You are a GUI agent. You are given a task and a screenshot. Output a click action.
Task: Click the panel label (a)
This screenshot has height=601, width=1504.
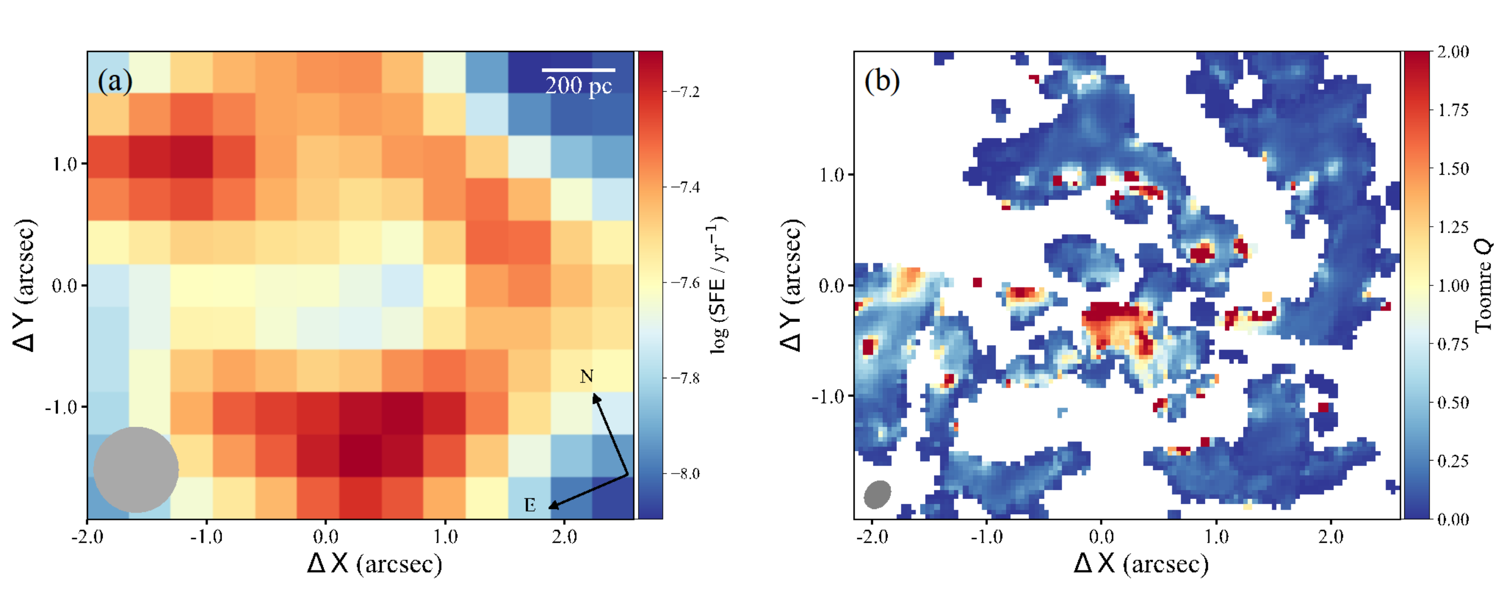click(x=115, y=81)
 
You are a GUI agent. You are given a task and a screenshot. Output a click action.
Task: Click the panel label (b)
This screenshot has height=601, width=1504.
click(x=882, y=81)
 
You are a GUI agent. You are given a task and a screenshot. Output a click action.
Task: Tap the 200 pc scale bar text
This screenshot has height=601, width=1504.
click(x=578, y=86)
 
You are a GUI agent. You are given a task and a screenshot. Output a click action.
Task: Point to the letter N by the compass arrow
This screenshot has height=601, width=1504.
click(x=586, y=377)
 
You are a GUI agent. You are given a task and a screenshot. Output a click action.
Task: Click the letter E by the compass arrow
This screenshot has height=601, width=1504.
click(x=530, y=505)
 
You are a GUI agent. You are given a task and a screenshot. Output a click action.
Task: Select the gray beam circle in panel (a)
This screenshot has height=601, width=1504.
click(x=136, y=470)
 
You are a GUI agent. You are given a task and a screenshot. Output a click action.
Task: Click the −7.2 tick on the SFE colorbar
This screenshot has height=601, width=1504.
click(x=685, y=91)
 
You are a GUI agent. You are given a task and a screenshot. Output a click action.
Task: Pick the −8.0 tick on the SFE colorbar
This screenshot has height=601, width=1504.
click(x=685, y=473)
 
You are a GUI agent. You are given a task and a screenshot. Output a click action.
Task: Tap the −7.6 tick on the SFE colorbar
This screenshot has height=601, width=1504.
click(x=685, y=282)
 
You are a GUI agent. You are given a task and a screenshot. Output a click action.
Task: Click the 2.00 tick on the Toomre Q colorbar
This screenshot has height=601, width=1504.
click(x=1453, y=52)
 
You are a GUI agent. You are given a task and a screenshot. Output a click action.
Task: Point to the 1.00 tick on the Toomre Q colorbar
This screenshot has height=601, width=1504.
click(x=1453, y=285)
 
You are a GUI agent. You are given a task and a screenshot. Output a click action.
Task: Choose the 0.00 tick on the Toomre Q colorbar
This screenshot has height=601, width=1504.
click(x=1453, y=519)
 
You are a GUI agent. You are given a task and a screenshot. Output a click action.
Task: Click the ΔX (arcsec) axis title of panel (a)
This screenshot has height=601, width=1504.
click(x=374, y=564)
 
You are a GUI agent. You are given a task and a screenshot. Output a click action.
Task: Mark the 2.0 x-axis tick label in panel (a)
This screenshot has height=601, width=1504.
click(x=564, y=536)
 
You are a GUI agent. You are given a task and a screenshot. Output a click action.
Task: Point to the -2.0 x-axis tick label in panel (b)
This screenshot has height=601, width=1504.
click(x=871, y=536)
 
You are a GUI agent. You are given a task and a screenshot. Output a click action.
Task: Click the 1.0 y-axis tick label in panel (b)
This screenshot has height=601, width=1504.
click(x=832, y=174)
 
